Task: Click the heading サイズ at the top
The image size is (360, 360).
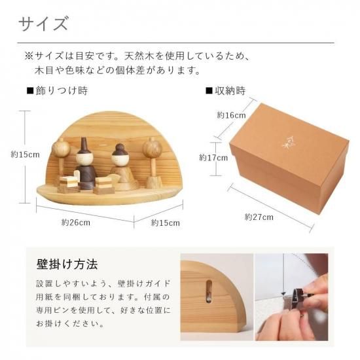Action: pos(43,24)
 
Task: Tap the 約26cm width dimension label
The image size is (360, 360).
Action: pos(76,223)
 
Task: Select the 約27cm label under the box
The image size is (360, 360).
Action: pos(259,217)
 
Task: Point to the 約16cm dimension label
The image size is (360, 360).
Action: pos(232,115)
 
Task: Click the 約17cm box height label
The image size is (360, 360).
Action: pos(213,158)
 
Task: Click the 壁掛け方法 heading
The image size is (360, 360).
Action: pos(67,264)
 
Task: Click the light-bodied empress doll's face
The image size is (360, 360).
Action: pos(118,159)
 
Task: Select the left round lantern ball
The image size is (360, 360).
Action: pos(61,148)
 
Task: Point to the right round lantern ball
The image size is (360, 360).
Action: pos(153,149)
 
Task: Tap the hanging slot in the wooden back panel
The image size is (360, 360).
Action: pos(209,291)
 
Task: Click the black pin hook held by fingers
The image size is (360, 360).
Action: pos(297,297)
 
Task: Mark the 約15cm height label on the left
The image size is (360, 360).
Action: pos(26,154)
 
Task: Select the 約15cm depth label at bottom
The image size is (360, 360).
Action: pos(166,223)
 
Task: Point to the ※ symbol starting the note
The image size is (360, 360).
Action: pos(29,56)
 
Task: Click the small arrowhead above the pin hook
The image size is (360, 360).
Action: pos(283,294)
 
